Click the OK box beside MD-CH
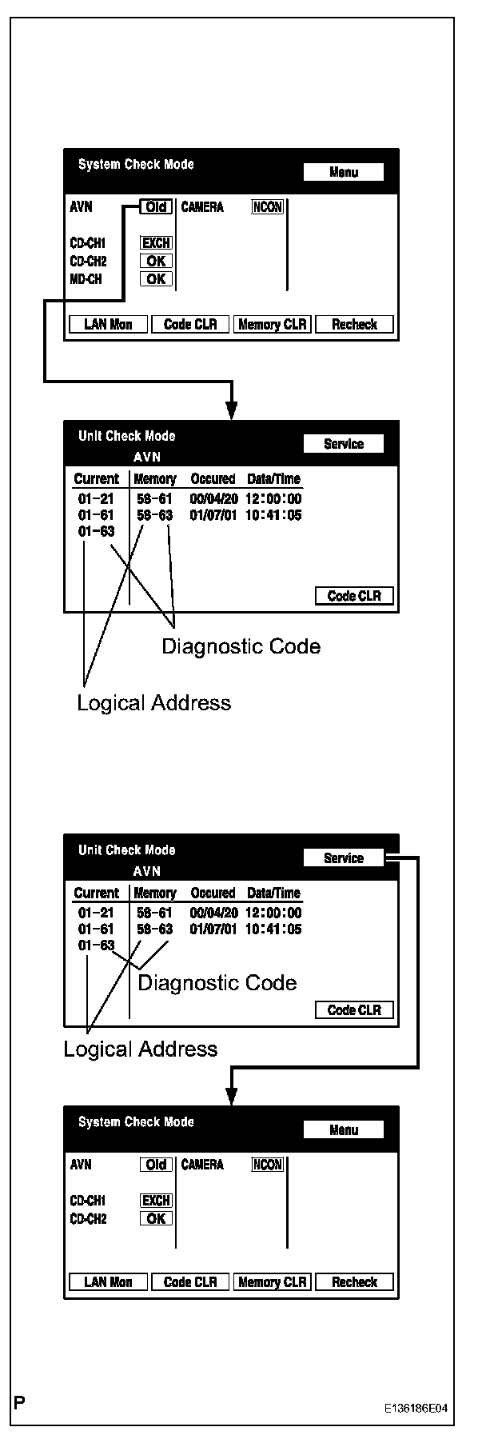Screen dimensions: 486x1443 [156, 279]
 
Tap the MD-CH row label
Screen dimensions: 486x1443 [86, 279]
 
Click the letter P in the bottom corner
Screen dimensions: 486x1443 [18, 1402]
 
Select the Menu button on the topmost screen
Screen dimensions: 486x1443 [344, 172]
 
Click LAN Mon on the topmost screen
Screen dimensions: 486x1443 [108, 324]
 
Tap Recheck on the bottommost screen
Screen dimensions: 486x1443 [354, 1282]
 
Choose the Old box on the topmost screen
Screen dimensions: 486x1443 [156, 207]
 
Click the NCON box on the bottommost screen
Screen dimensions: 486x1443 [268, 1165]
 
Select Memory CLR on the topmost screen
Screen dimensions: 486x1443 [272, 324]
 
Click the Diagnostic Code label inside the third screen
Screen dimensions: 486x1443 [217, 982]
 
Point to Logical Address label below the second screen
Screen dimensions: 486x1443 [153, 702]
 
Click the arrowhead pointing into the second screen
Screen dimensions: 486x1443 [231, 411]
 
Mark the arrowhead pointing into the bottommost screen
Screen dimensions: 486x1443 [231, 1097]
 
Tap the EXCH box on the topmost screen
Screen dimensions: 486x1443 [156, 242]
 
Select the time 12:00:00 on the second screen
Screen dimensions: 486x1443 [273, 499]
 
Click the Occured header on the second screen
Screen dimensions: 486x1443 [213, 479]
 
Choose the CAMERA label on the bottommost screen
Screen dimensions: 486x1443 [202, 1165]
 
